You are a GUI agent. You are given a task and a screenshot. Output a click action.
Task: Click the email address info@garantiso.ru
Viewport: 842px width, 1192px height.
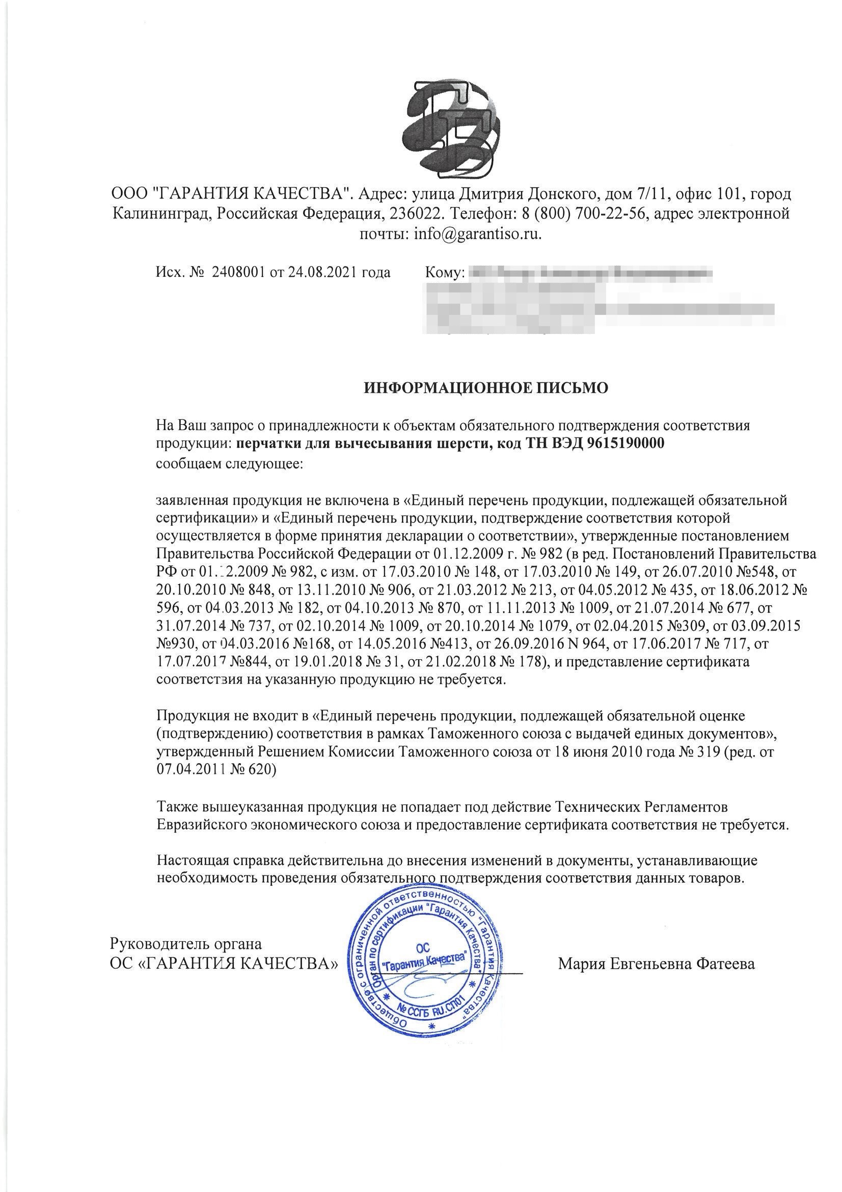click(x=477, y=235)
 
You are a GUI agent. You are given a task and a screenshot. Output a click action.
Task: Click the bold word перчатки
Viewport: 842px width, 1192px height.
click(x=265, y=445)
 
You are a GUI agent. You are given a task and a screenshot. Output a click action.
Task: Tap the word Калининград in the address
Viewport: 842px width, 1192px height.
click(x=159, y=215)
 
